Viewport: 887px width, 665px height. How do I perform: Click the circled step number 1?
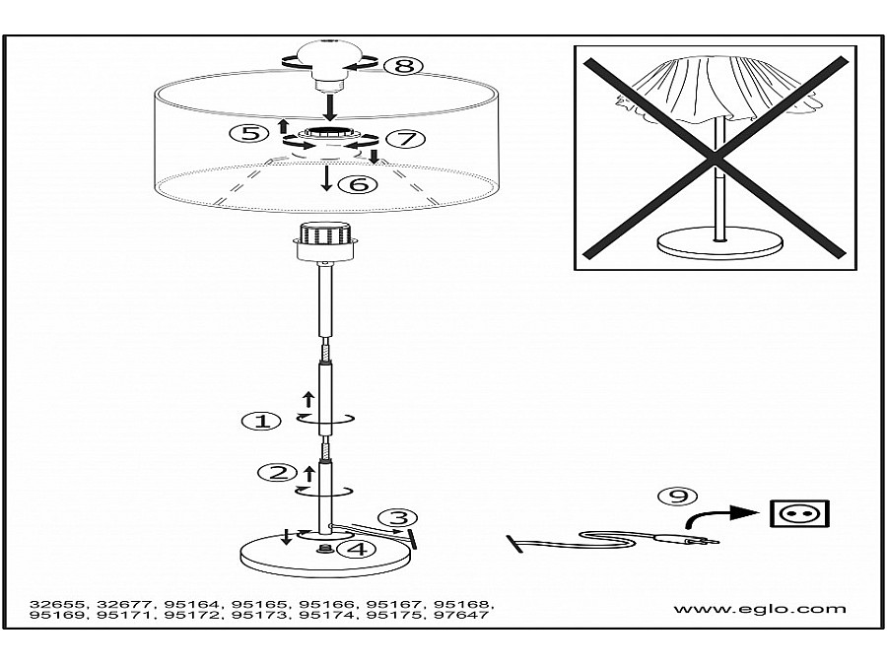pyautogui.click(x=261, y=422)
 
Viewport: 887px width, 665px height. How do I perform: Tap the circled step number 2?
pyautogui.click(x=277, y=472)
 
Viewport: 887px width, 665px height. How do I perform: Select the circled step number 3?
pyautogui.click(x=398, y=518)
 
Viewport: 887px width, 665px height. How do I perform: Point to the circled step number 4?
pyautogui.click(x=357, y=549)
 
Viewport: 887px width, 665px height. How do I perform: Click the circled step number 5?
pyautogui.click(x=249, y=133)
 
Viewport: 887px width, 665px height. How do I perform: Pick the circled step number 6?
pyautogui.click(x=357, y=184)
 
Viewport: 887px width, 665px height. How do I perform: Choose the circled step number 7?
pyautogui.click(x=406, y=139)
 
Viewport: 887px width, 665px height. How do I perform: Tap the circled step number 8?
pyautogui.click(x=403, y=66)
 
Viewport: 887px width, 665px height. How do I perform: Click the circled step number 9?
pyautogui.click(x=678, y=496)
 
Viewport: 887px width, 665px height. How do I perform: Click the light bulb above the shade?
pyautogui.click(x=330, y=65)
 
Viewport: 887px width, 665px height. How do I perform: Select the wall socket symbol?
pyautogui.click(x=799, y=513)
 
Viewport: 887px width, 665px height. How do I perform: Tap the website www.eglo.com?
pyautogui.click(x=760, y=609)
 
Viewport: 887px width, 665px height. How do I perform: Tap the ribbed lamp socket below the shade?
pyautogui.click(x=325, y=242)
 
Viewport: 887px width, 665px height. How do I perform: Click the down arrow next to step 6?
pyautogui.click(x=326, y=177)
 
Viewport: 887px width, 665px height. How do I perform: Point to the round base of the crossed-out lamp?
pyautogui.click(x=719, y=242)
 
